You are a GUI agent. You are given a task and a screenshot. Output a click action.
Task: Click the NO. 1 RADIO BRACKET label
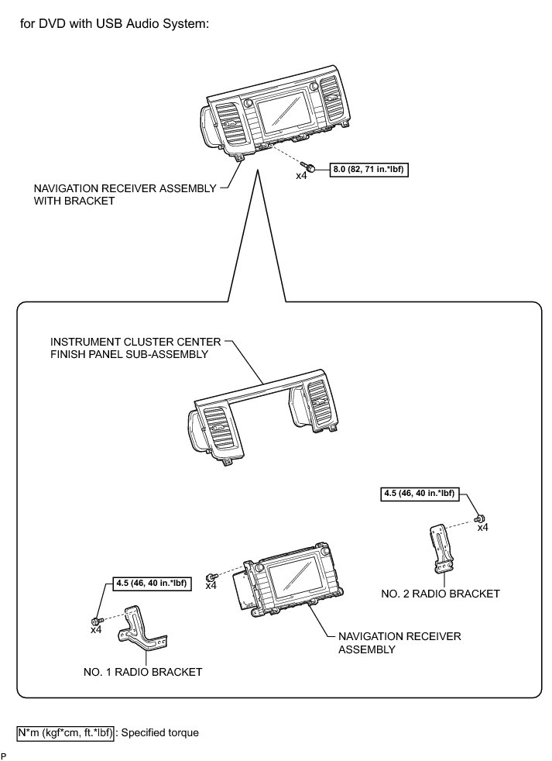pyautogui.click(x=143, y=672)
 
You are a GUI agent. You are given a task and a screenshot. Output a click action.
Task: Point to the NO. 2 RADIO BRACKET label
pyautogui.click(x=441, y=594)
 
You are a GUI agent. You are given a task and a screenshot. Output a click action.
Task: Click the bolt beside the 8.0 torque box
pyautogui.click(x=309, y=167)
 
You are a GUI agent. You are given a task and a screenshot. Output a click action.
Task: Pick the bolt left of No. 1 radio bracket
pyautogui.click(x=95, y=621)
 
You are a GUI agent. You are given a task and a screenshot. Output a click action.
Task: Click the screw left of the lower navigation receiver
pyautogui.click(x=211, y=577)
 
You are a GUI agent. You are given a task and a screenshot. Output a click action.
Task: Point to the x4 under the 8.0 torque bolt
pyautogui.click(x=303, y=177)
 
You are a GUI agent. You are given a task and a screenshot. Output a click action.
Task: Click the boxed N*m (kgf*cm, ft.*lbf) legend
pyautogui.click(x=65, y=732)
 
